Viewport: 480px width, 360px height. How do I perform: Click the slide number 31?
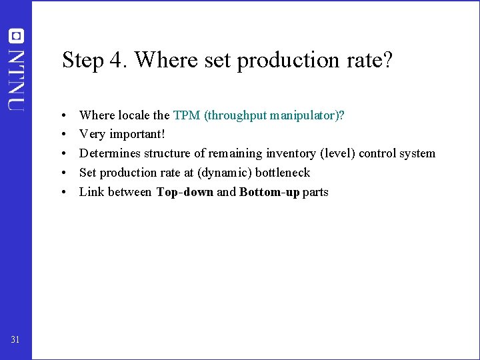[16, 341]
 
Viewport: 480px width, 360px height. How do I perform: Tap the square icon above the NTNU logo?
[17, 35]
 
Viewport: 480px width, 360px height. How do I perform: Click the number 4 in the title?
[118, 61]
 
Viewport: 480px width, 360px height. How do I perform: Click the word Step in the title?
[83, 61]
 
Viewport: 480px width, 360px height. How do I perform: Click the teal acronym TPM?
[187, 115]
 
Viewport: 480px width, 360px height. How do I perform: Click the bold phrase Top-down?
[185, 193]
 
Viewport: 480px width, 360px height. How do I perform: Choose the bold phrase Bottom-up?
[269, 193]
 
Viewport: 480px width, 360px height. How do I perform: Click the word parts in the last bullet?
[315, 193]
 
